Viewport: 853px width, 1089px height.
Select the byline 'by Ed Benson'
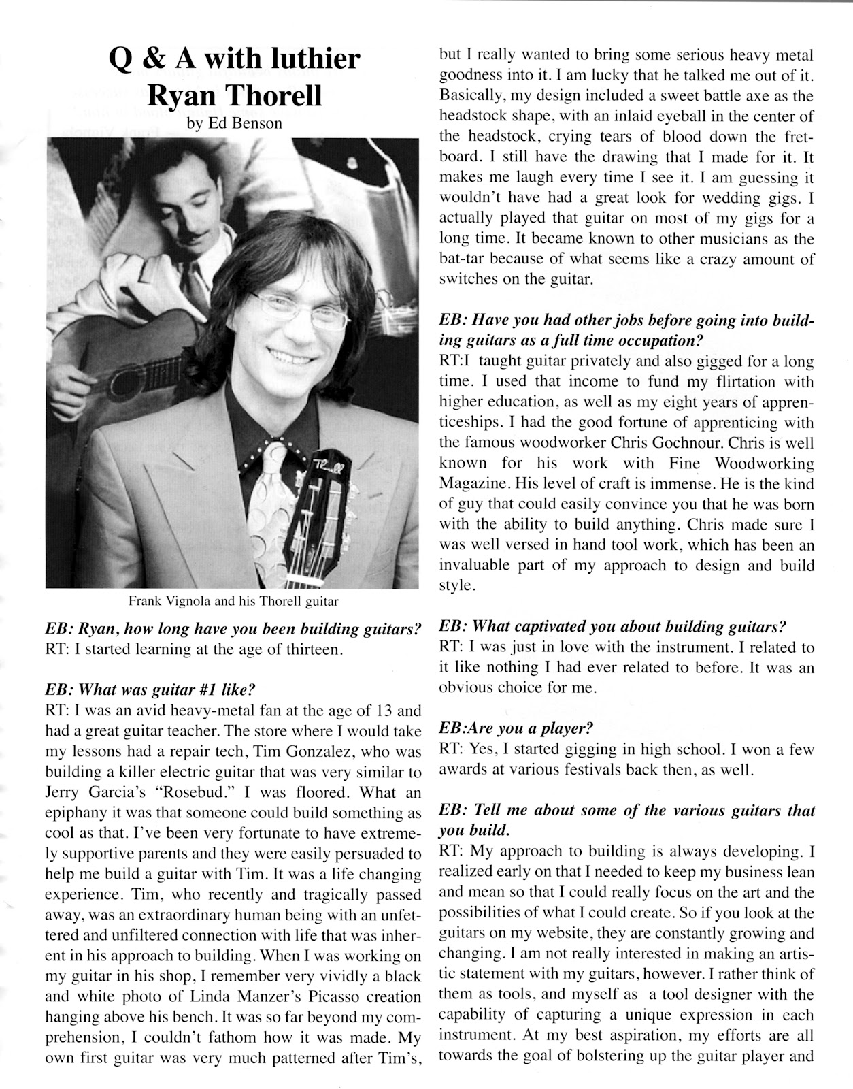coord(234,125)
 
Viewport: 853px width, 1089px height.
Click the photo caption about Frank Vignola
coord(233,601)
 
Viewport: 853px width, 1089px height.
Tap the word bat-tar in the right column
coord(464,259)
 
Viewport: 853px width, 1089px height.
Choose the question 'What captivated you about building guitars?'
coord(613,626)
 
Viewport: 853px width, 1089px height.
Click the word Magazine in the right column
coord(473,483)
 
